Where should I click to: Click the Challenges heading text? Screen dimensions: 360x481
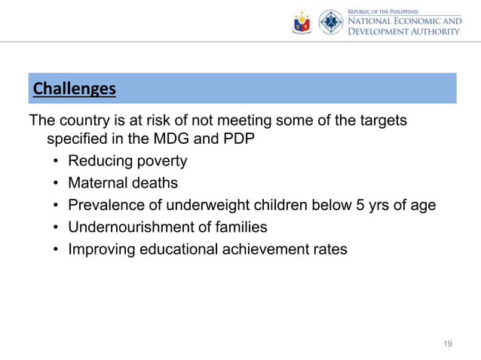pyautogui.click(x=74, y=90)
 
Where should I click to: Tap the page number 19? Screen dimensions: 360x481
pyautogui.click(x=448, y=344)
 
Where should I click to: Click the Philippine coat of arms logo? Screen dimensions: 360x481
pyautogui.click(x=302, y=23)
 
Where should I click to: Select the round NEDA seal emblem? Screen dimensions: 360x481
pyautogui.click(x=330, y=23)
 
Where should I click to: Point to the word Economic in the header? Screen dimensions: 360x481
pyautogui.click(x=418, y=22)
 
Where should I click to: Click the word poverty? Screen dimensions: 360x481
pyautogui.click(x=161, y=161)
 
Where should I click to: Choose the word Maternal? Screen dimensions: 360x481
pyautogui.click(x=98, y=183)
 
